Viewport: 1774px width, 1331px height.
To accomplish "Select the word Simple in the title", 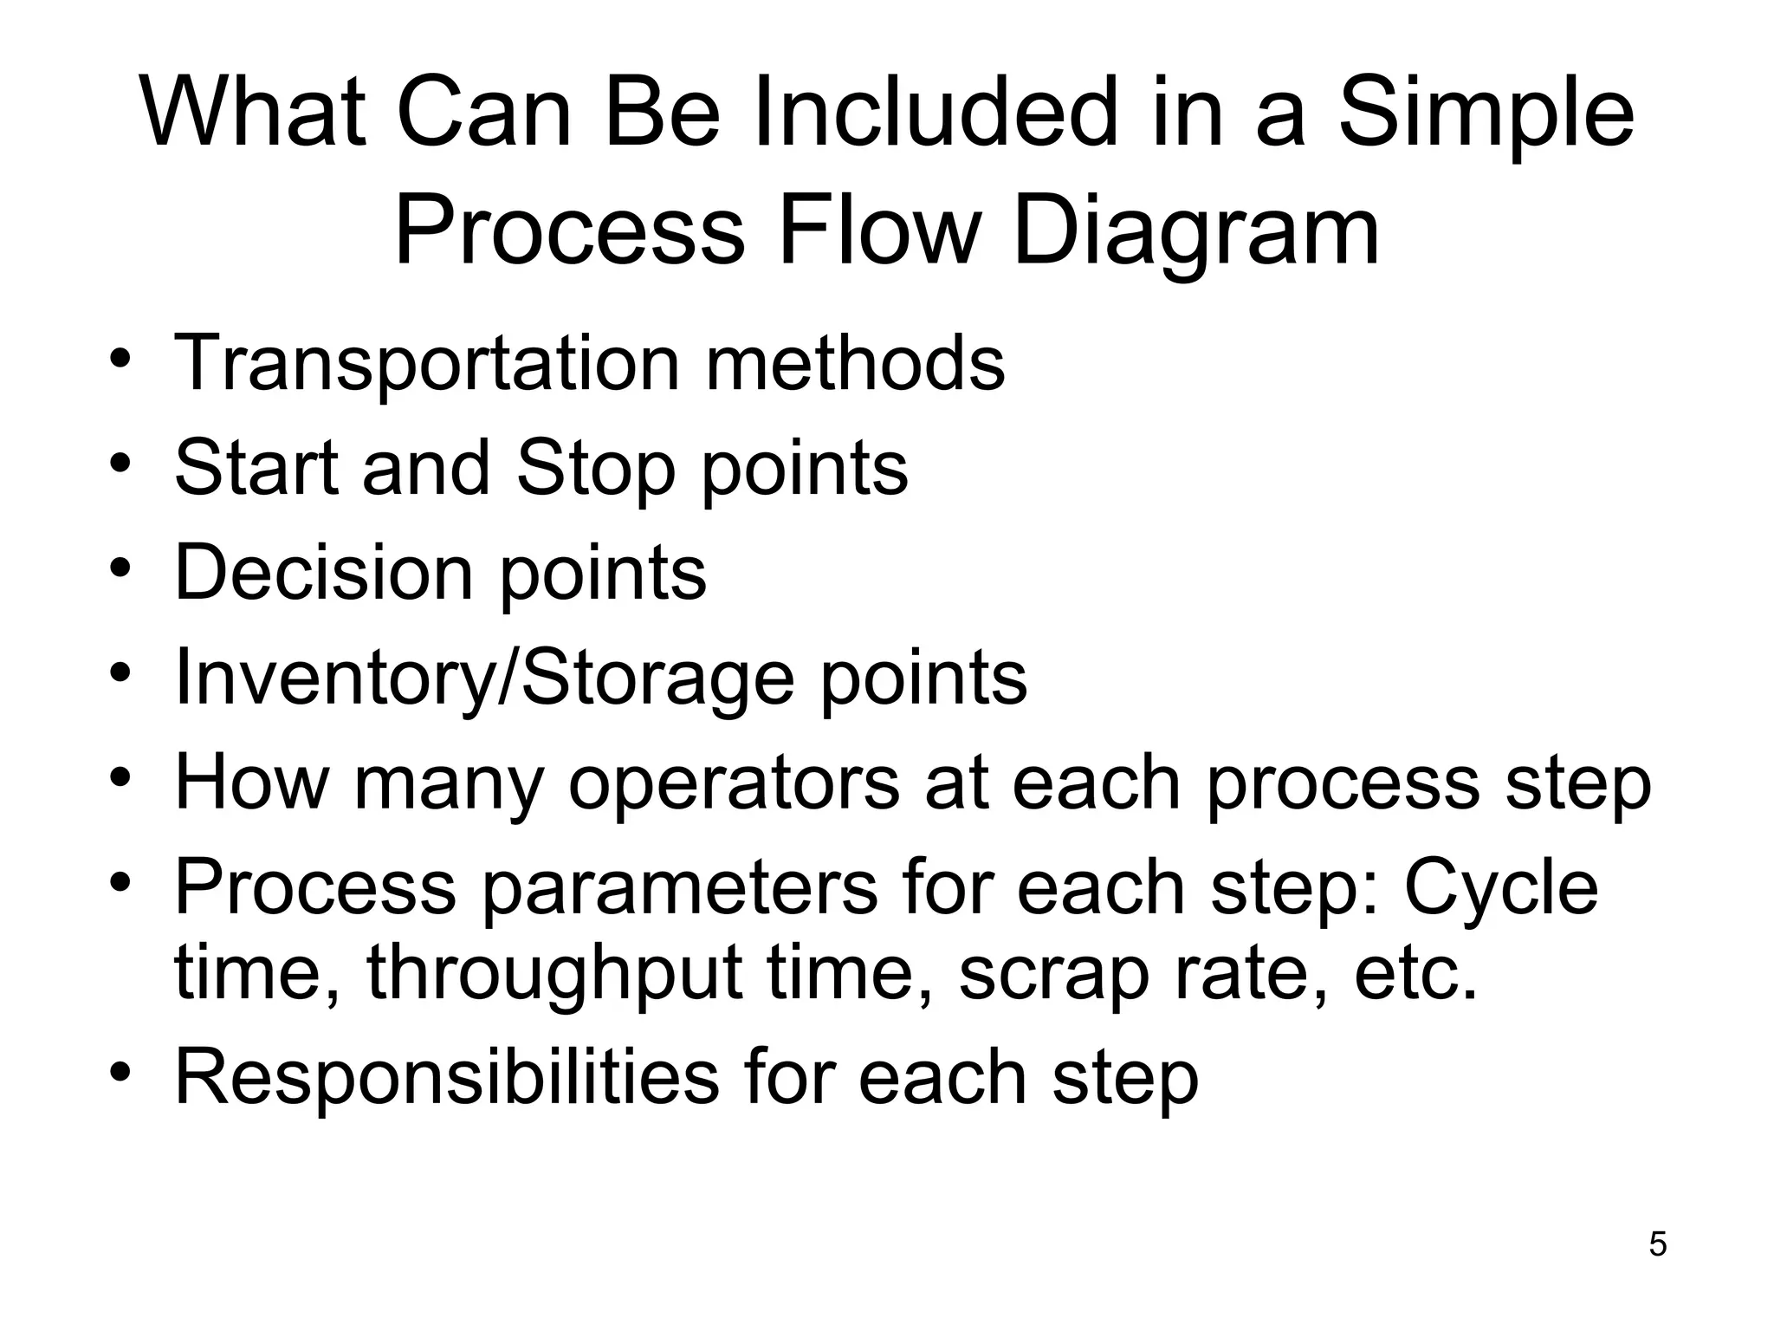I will pyautogui.click(x=1486, y=114).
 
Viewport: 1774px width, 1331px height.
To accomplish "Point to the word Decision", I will pyautogui.click(x=323, y=572).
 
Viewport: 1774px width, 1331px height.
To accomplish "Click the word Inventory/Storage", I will pyautogui.click(x=484, y=678).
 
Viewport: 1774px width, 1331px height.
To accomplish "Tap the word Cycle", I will pyautogui.click(x=1500, y=887).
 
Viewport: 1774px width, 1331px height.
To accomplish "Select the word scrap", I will pyautogui.click(x=1052, y=974).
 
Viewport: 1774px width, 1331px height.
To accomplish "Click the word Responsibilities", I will pyautogui.click(x=446, y=1077).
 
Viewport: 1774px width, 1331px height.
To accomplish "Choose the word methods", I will pyautogui.click(x=855, y=364).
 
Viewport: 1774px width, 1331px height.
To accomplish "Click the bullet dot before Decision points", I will pyautogui.click(x=120, y=567).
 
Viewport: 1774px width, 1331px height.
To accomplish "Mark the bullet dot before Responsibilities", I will pyautogui.click(x=120, y=1071).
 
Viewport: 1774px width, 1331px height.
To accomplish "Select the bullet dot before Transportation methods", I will pyautogui.click(x=120, y=357).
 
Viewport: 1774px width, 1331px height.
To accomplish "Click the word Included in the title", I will pyautogui.click(x=936, y=114).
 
